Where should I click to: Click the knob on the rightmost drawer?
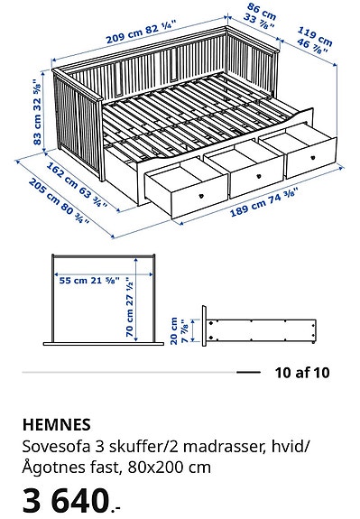point(309,163)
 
